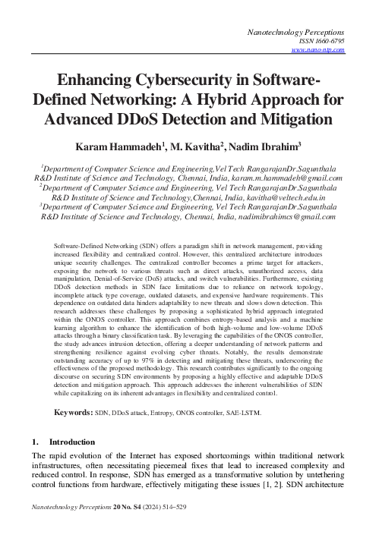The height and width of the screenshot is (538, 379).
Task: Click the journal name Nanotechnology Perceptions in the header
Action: [297, 33]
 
